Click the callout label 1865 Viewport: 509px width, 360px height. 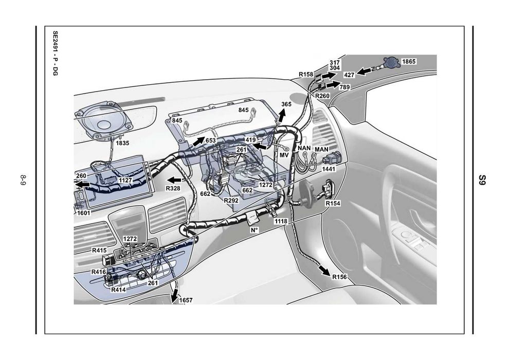(x=409, y=61)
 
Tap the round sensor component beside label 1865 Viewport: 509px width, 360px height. (x=392, y=62)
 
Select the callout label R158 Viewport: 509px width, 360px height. (x=306, y=75)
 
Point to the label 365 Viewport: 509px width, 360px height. (x=286, y=104)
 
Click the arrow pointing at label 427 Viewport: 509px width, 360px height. (x=364, y=71)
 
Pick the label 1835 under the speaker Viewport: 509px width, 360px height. (x=122, y=143)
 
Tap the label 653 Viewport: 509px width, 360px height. (x=210, y=140)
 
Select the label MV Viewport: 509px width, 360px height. (x=284, y=155)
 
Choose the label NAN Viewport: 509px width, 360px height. (x=304, y=148)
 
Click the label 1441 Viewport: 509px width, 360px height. (x=329, y=169)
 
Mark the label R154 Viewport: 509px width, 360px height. (x=333, y=203)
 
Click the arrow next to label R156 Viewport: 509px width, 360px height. (x=324, y=271)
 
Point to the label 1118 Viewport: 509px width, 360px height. (x=281, y=221)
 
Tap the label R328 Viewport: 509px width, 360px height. (x=173, y=188)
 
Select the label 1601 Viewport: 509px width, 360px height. (x=83, y=213)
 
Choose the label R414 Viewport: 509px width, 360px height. (x=118, y=290)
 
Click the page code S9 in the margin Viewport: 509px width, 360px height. (x=483, y=180)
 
